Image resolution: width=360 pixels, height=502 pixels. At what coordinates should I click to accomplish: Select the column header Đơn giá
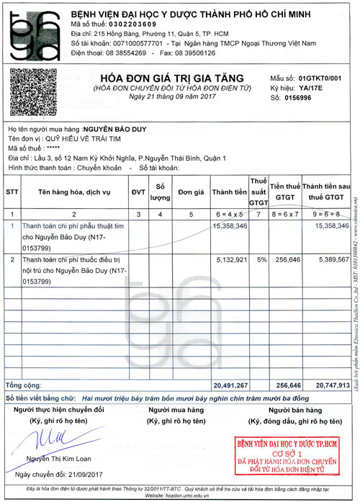pyautogui.click(x=191, y=193)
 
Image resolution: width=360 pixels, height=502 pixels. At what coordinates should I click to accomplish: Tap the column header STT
pyautogui.click(x=12, y=193)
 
